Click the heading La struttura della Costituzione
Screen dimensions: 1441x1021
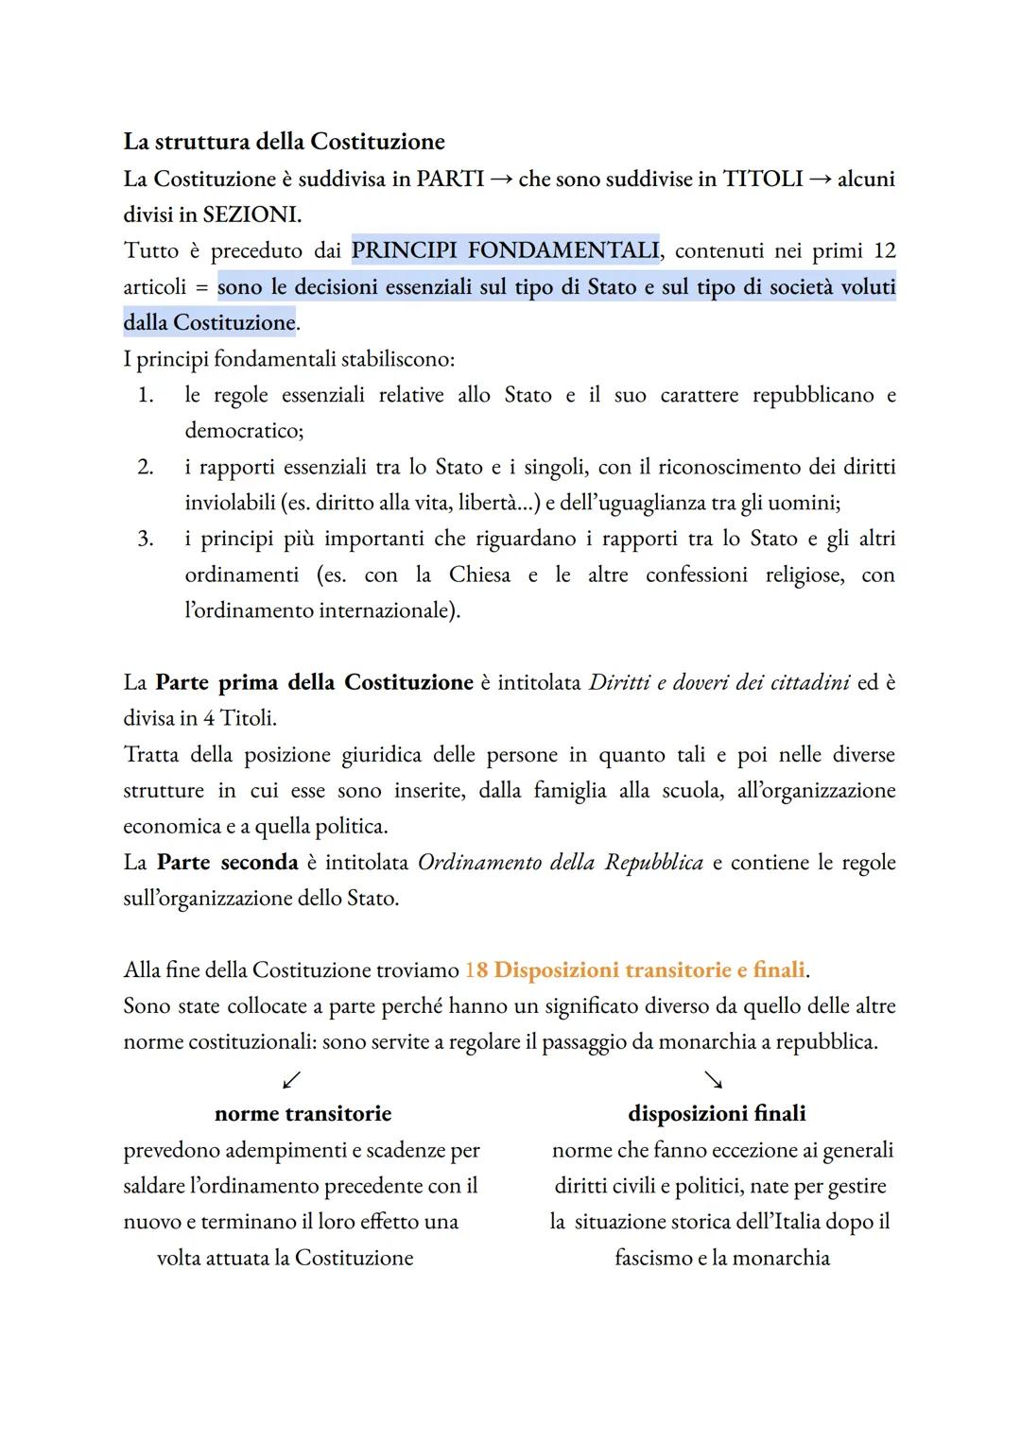(x=284, y=142)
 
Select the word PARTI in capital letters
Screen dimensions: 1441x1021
(x=450, y=179)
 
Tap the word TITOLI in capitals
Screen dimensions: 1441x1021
(x=763, y=179)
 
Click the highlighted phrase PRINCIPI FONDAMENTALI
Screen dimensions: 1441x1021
(x=505, y=250)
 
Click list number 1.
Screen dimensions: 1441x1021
(x=145, y=395)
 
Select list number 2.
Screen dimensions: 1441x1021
(x=145, y=467)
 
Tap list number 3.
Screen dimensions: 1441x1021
(x=145, y=539)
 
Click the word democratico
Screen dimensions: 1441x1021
(x=242, y=431)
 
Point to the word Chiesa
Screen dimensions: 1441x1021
(x=479, y=575)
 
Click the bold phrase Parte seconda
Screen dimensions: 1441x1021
(x=227, y=863)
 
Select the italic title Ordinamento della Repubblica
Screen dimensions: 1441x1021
(x=560, y=863)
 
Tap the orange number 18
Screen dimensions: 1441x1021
(x=476, y=970)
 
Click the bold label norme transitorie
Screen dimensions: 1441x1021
(x=303, y=1114)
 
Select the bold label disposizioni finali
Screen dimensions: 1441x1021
(x=717, y=1114)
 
